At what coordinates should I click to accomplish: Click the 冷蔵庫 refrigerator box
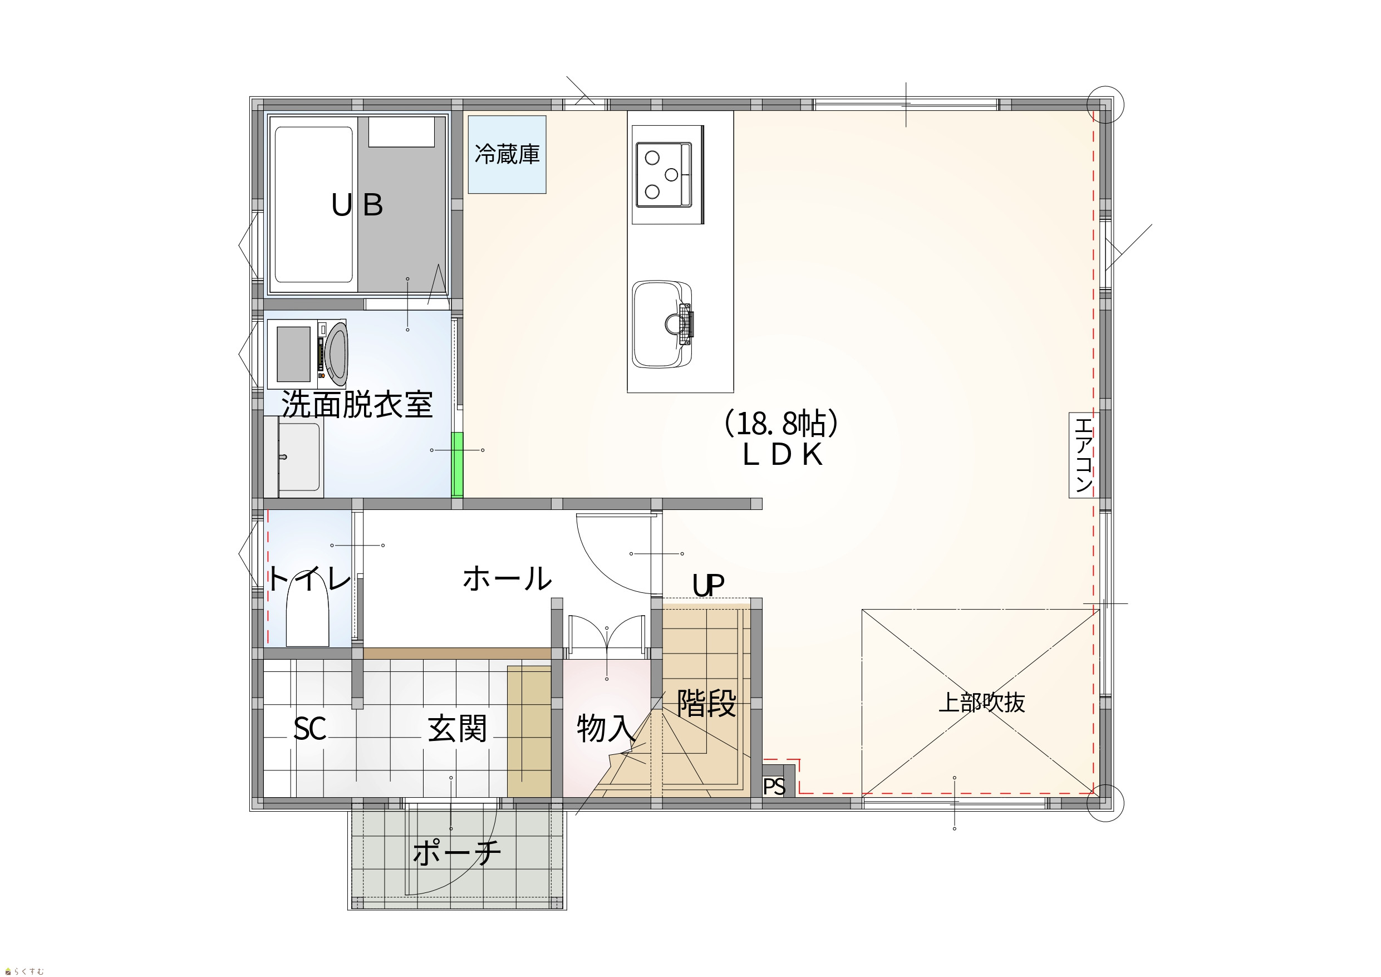pos(507,155)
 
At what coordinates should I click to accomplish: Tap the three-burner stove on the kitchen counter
pos(667,174)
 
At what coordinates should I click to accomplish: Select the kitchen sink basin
pos(662,323)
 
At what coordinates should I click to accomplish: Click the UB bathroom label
pos(357,205)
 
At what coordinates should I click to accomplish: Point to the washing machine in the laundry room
pos(307,354)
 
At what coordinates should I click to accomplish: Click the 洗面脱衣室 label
pos(357,404)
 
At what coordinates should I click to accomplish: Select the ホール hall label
pos(507,578)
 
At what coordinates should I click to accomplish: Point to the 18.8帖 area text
pos(782,424)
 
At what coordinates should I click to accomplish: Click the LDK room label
pos(782,455)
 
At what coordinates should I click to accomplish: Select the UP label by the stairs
pos(708,585)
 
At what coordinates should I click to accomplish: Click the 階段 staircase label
pos(706,703)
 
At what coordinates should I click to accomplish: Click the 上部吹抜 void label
pos(981,703)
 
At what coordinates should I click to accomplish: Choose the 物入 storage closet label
pos(606,729)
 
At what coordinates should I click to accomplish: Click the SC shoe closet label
pos(309,729)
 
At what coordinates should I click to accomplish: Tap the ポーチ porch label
pos(457,852)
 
